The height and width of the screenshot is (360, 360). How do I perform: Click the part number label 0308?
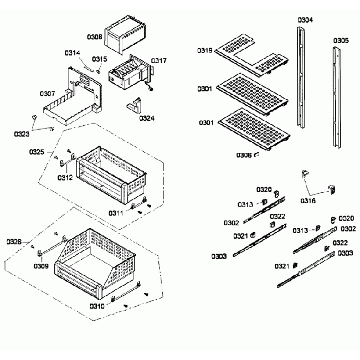(x=94, y=37)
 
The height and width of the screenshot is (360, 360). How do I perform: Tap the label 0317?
(x=158, y=60)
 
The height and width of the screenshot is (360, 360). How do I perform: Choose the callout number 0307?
(x=47, y=94)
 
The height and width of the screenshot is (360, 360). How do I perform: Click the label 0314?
(x=72, y=53)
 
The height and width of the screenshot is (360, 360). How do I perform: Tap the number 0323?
(x=22, y=133)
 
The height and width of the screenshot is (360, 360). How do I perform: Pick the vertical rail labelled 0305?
(x=337, y=100)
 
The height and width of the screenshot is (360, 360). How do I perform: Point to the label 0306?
(x=244, y=155)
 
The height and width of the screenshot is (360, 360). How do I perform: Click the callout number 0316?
(x=308, y=200)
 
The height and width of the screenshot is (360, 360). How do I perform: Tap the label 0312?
(x=65, y=178)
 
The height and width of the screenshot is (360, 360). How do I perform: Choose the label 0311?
(x=116, y=212)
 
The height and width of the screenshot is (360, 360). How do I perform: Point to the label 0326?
(x=14, y=241)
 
